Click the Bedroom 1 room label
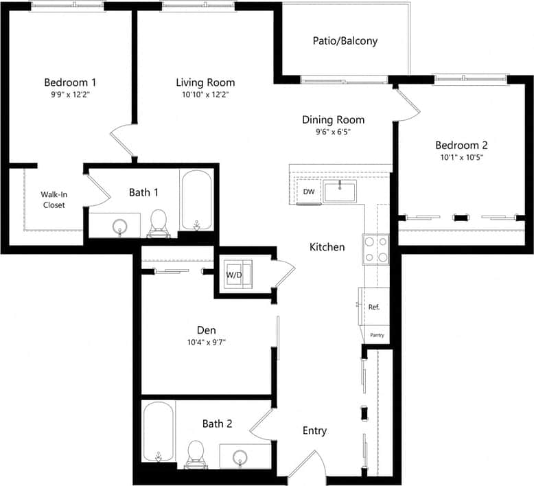coord(69,82)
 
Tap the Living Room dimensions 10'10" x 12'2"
coord(205,95)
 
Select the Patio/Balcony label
coord(345,40)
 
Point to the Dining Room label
coord(333,119)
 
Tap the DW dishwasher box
coord(309,192)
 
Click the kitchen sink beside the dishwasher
coord(340,191)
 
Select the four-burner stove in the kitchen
coord(375,249)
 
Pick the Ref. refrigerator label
coord(374,307)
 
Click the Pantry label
coord(377,335)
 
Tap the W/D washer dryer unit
coord(235,275)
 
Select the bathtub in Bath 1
coord(198,200)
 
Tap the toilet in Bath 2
coord(197,453)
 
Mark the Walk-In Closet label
coord(54,200)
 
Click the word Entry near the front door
coord(314,431)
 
